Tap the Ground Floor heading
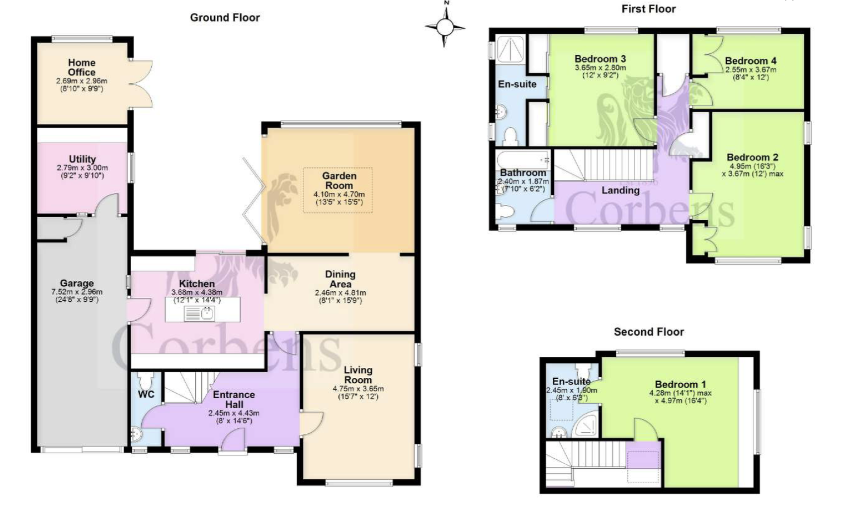(x=225, y=17)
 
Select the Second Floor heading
(x=649, y=332)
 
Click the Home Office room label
(x=82, y=67)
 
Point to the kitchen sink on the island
(x=199, y=314)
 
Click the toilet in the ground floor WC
(x=146, y=380)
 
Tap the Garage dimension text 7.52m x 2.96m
(x=77, y=292)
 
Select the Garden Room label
(x=340, y=180)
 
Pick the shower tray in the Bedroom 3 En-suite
(x=511, y=48)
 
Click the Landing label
(x=620, y=190)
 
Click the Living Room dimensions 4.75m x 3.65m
(x=358, y=389)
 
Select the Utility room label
(x=82, y=159)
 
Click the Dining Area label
(x=341, y=279)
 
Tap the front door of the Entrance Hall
(x=233, y=441)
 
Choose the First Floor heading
(x=649, y=9)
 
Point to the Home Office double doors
(x=141, y=84)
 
